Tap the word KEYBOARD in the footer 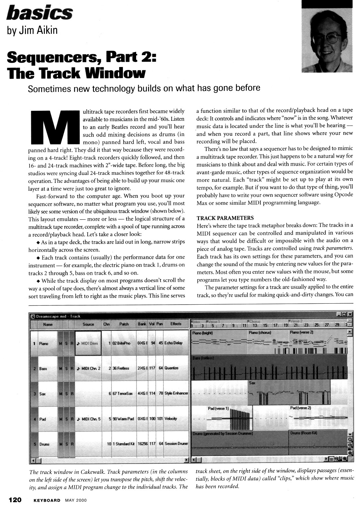point(47,500)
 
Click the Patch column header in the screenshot point(124,324)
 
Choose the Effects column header point(176,324)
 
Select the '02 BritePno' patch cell point(123,343)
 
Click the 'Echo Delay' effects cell point(173,343)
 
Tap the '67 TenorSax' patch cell point(123,394)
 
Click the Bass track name point(43,368)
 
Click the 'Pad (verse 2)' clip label point(301,408)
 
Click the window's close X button point(350,314)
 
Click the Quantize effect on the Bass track point(171,368)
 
